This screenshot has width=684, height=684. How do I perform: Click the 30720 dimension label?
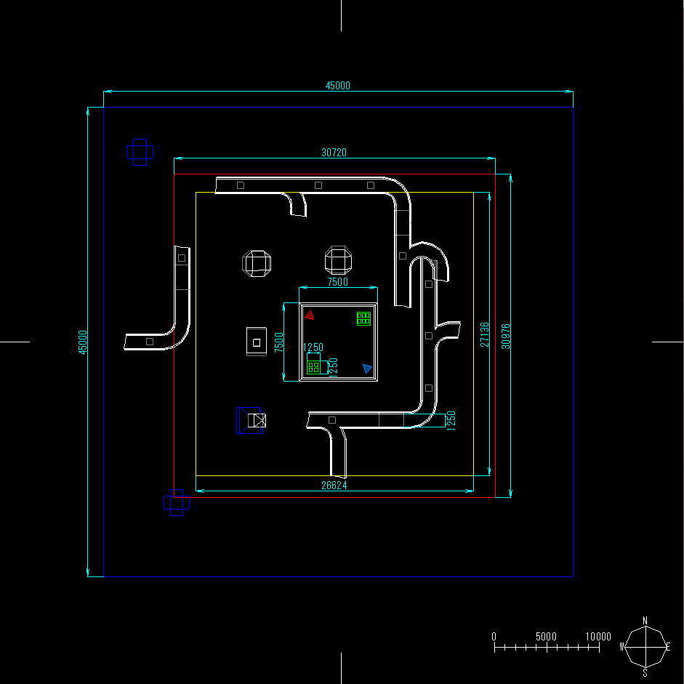pyautogui.click(x=334, y=153)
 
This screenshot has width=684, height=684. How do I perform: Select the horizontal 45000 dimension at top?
pyautogui.click(x=337, y=86)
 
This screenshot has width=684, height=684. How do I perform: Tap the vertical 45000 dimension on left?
pyautogui.click(x=83, y=342)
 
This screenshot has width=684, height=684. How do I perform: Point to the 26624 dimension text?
pyautogui.click(x=334, y=486)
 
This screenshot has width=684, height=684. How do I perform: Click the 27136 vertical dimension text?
pyautogui.click(x=485, y=334)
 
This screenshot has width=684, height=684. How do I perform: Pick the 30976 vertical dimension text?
pyautogui.click(x=506, y=336)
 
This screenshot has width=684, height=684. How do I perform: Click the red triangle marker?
pyautogui.click(x=310, y=315)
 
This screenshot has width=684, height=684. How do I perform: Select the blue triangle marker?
pyautogui.click(x=367, y=369)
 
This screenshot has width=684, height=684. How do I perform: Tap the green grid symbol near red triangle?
pyautogui.click(x=363, y=318)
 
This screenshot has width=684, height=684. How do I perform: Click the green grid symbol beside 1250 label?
pyautogui.click(x=313, y=367)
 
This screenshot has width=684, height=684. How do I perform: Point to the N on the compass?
pyautogui.click(x=645, y=621)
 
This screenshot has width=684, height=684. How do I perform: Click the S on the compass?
pyautogui.click(x=645, y=672)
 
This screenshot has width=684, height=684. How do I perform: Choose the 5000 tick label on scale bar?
pyautogui.click(x=546, y=637)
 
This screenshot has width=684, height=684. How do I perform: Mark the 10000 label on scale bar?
pyautogui.click(x=598, y=637)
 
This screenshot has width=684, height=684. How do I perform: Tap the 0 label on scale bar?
pyautogui.click(x=494, y=637)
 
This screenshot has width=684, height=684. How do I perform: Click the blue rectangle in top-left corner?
pyautogui.click(x=140, y=152)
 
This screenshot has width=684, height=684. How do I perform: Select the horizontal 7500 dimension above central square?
pyautogui.click(x=337, y=282)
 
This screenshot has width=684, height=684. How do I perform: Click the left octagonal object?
pyautogui.click(x=257, y=262)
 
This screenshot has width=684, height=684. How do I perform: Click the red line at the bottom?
pyautogui.click(x=342, y=497)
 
